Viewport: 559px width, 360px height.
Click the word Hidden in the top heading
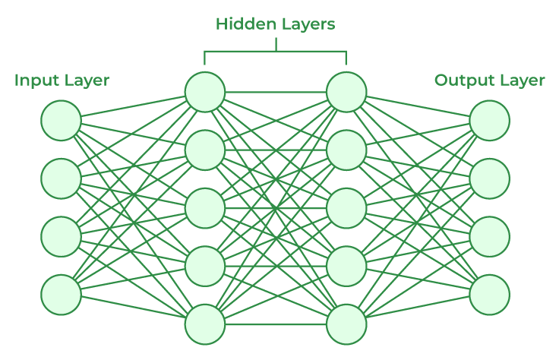pos(239,24)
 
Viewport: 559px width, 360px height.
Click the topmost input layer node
pos(62,121)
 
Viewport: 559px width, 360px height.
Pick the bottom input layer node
pos(62,295)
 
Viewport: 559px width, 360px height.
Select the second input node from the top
pos(62,178)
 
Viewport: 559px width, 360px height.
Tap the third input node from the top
pos(62,236)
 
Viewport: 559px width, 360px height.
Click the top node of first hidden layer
pos(205,92)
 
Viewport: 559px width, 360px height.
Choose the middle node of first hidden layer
pos(205,207)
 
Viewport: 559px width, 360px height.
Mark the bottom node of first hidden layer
pos(205,324)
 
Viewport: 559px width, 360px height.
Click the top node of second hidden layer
pos(347,92)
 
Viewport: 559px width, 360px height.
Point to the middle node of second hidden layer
pos(347,207)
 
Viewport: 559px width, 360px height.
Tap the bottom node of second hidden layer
pos(347,324)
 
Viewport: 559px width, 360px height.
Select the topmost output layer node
pos(489,121)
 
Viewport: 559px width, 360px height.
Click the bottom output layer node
pos(489,295)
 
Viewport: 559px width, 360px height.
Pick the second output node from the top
pos(489,178)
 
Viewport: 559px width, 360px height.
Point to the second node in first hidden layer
pos(205,150)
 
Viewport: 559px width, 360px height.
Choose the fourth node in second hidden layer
pos(347,266)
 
